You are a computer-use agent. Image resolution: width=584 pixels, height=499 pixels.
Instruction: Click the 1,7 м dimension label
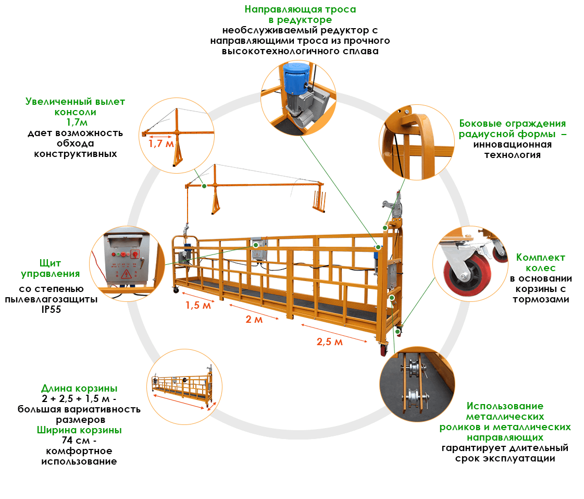[x=161, y=144]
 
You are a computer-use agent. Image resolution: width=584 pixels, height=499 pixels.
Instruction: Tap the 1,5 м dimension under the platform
[x=198, y=306]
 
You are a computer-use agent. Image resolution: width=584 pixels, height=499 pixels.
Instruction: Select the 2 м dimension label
[x=254, y=320]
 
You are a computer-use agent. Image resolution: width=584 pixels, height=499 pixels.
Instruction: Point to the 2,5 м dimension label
[x=330, y=342]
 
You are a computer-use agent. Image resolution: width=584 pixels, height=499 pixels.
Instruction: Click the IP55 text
[x=51, y=310]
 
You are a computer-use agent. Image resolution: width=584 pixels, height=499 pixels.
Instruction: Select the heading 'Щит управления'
[x=51, y=269]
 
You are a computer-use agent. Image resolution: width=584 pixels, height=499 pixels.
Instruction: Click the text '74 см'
[x=76, y=441]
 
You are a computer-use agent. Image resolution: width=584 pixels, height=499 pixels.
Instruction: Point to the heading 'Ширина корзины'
[x=79, y=430]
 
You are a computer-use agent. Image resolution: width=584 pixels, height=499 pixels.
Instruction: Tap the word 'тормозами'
[x=541, y=299]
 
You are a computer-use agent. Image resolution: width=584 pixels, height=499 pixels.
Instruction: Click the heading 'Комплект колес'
[x=540, y=263]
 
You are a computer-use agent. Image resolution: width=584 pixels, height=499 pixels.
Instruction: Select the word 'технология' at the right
[x=513, y=155]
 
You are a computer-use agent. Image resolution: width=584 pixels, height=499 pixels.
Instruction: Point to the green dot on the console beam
[x=204, y=186]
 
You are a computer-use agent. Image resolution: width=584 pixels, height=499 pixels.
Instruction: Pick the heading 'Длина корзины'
[x=79, y=388]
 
